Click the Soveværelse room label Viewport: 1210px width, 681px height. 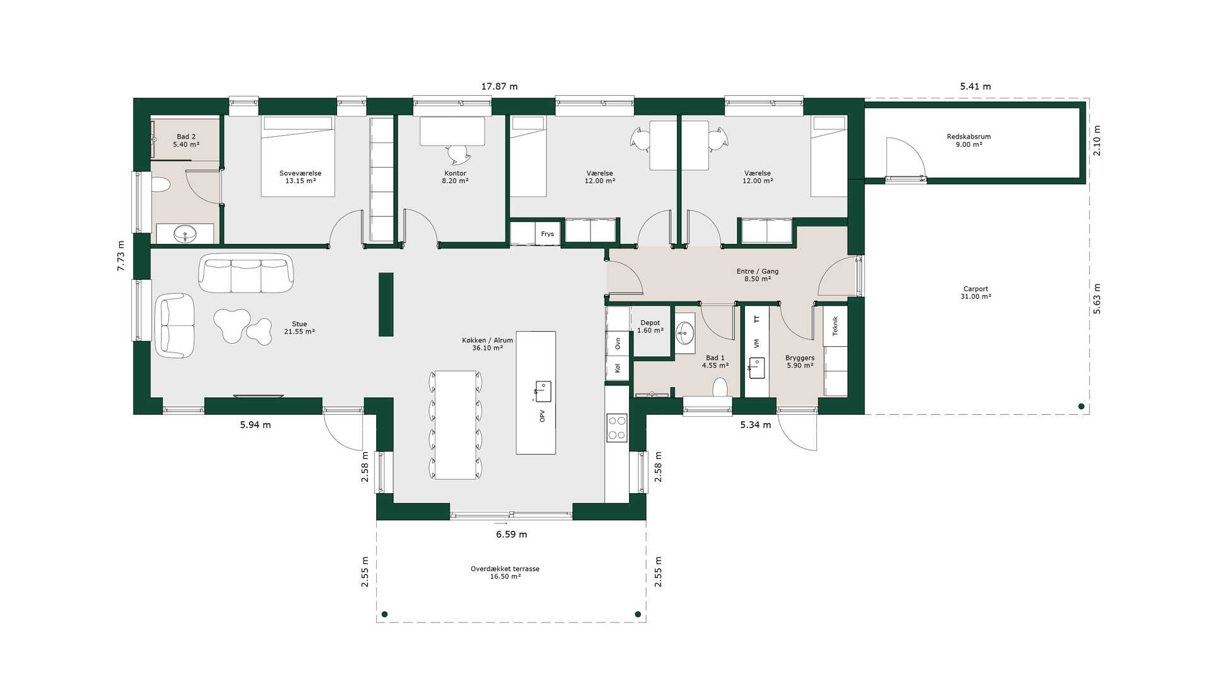click(x=301, y=173)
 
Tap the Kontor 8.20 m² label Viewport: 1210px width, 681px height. click(x=455, y=177)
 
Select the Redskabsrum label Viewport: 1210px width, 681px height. click(x=969, y=137)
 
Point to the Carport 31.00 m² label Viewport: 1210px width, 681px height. click(x=976, y=293)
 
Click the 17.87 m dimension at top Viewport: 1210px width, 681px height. click(x=499, y=86)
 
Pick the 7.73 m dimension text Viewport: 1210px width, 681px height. click(x=121, y=256)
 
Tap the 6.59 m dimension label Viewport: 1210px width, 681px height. click(x=511, y=534)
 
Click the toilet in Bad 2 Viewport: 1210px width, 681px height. click(x=161, y=185)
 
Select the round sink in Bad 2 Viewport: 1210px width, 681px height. click(x=185, y=233)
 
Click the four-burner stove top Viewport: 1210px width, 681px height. click(x=617, y=427)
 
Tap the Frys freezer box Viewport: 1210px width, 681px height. click(x=547, y=233)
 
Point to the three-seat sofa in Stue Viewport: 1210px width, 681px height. click(x=246, y=272)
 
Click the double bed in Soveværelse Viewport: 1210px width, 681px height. click(x=297, y=156)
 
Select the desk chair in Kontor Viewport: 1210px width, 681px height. click(x=458, y=153)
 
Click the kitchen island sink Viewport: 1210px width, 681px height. click(x=542, y=391)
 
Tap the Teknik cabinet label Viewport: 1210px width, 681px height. click(x=835, y=326)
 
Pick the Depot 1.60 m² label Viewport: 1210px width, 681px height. click(x=650, y=327)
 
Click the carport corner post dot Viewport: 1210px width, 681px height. click(x=1081, y=407)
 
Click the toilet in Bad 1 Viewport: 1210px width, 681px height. click(x=720, y=387)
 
